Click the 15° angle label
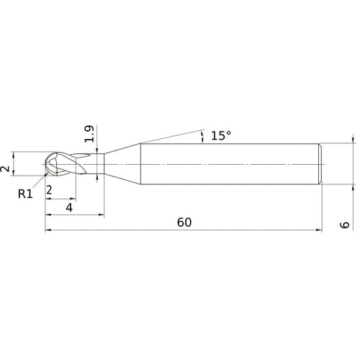point(221,135)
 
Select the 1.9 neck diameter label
point(89,134)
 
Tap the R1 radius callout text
point(25,194)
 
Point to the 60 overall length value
point(184,222)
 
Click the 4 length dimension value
point(69,207)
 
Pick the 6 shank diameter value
point(345,225)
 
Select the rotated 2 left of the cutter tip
point(5,168)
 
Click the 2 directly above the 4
point(49,190)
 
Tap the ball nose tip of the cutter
point(46,164)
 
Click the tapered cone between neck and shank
point(122,164)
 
